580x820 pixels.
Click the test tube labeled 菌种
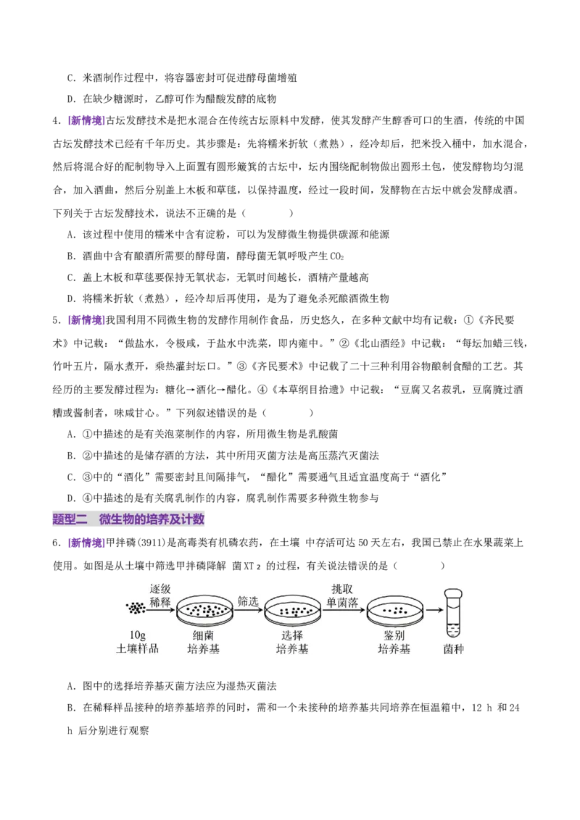pos(453,612)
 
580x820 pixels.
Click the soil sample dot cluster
pos(136,608)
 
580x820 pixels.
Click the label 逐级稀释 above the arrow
pos(160,595)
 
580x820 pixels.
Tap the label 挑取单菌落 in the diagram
pos(342,595)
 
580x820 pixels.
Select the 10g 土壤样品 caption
pos(137,642)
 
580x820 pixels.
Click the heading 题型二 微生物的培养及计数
pos(128,519)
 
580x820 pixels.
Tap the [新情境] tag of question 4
pos(87,121)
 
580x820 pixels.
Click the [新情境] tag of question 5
pos(87,320)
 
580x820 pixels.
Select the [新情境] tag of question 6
pos(87,543)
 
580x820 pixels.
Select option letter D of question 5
pos(72,498)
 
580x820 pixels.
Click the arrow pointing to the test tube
pos(434,610)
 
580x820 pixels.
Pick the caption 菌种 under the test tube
pos(453,649)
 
